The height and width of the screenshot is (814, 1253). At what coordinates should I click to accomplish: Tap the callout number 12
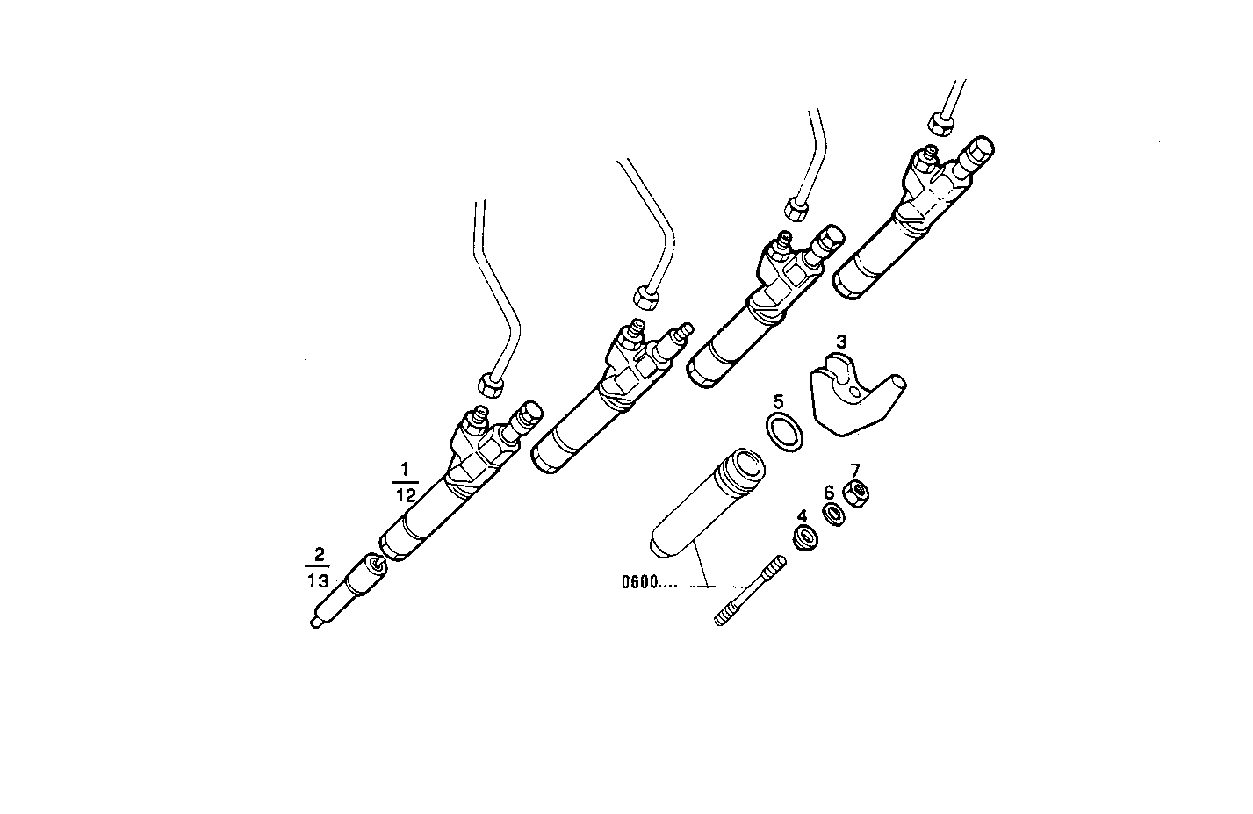click(x=405, y=494)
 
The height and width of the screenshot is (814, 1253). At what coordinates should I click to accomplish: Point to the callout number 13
click(x=318, y=581)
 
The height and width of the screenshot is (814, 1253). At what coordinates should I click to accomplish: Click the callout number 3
click(x=840, y=341)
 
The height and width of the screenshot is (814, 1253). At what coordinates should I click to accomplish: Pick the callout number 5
click(x=778, y=401)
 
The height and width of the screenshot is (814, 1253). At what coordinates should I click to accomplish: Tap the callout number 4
click(x=801, y=515)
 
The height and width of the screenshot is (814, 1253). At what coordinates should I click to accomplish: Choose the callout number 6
click(x=828, y=493)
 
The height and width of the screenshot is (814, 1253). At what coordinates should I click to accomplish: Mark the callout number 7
click(x=854, y=470)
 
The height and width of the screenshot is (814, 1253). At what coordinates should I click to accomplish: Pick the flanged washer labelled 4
click(x=803, y=537)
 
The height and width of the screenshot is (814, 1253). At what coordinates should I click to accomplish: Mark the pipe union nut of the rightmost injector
click(x=940, y=124)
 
